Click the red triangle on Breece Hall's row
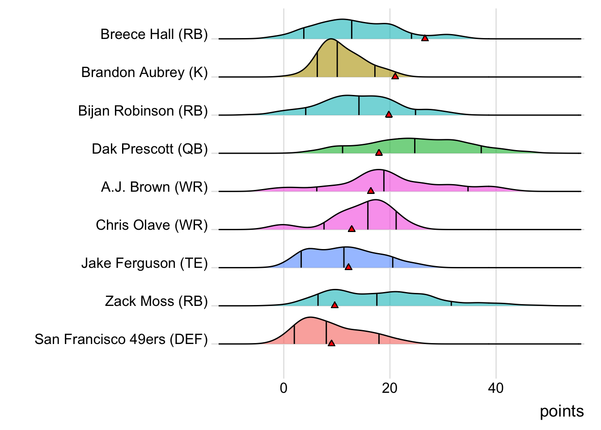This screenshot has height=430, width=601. pos(425,38)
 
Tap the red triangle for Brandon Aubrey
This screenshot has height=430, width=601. pos(395,76)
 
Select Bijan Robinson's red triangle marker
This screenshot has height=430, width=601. pos(389,114)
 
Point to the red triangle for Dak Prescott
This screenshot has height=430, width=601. pos(379,153)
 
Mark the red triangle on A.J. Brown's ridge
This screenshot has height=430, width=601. pos(370,191)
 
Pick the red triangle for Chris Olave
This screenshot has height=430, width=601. pos(351,229)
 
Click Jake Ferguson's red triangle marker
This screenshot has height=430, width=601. pos(348,267)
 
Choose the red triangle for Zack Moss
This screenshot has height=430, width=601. pos(334,305)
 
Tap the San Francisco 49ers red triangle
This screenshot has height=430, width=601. pos(331,343)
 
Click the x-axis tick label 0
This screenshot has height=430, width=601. pos(284,388)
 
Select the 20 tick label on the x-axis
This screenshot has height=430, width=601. pos(389,388)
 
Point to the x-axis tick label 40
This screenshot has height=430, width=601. pos(495,388)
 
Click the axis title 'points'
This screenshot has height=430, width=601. pos(562,411)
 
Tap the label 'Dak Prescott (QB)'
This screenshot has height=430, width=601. pos(150,149)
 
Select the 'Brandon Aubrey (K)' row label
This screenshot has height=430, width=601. pos(144,73)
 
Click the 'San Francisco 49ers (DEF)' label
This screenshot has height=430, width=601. pos(121,340)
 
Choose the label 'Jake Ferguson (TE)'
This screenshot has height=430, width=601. pos(144,263)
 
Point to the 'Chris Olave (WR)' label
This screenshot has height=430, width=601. pos(152,225)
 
